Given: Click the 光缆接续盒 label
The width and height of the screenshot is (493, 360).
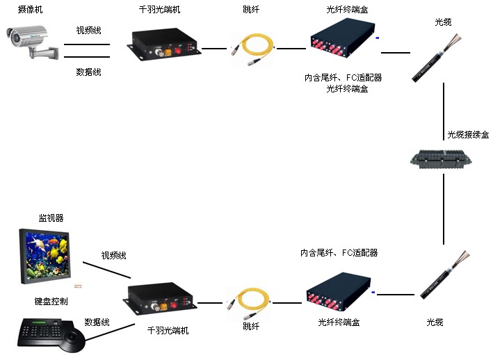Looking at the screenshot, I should [467, 134].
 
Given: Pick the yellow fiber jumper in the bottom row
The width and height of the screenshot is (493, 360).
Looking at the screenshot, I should [247, 302].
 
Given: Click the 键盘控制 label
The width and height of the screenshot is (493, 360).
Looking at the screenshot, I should [51, 301].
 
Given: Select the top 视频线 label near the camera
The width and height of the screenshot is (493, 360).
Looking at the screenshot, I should [88, 31].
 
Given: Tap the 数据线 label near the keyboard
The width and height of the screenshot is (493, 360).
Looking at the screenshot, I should [97, 322].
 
